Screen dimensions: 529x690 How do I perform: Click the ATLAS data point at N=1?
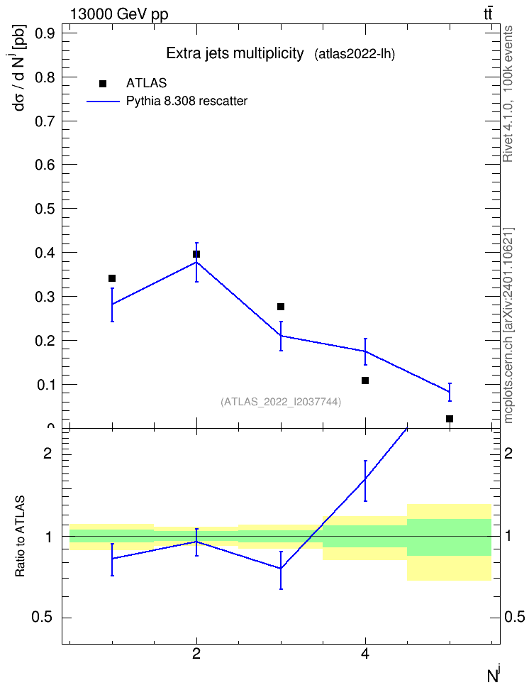point(112,278)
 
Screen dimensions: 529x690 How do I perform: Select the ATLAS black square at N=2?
point(196,254)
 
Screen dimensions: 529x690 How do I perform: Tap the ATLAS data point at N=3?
point(281,306)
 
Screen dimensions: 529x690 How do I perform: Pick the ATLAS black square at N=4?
point(365,380)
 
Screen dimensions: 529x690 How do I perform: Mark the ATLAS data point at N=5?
point(450,419)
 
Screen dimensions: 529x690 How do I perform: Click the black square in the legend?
point(103,84)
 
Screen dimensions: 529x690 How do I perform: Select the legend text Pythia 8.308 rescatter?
point(187,102)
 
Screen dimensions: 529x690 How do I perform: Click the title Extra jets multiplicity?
point(235,54)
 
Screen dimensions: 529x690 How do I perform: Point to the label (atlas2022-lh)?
point(355,55)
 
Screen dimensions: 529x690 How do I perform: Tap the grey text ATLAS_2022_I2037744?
point(281,402)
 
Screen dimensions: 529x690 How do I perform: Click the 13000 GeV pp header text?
point(119,15)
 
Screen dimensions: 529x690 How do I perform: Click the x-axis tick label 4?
point(365,654)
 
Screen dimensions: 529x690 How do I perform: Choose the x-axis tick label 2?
point(196,654)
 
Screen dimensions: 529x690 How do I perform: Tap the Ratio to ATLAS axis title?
point(20,537)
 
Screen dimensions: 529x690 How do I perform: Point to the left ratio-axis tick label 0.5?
point(43,618)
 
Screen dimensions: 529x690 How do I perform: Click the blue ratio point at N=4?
point(365,478)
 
